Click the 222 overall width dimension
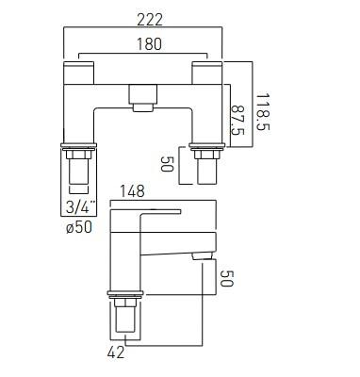pos(150,20)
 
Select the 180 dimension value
pos(149,43)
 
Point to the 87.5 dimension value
pos(237,120)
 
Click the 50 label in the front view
pos(167,164)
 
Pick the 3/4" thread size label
pos(80,207)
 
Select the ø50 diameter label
pos(79,226)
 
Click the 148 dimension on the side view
pos(132,191)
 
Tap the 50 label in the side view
pos(227,278)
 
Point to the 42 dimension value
pos(116,352)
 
